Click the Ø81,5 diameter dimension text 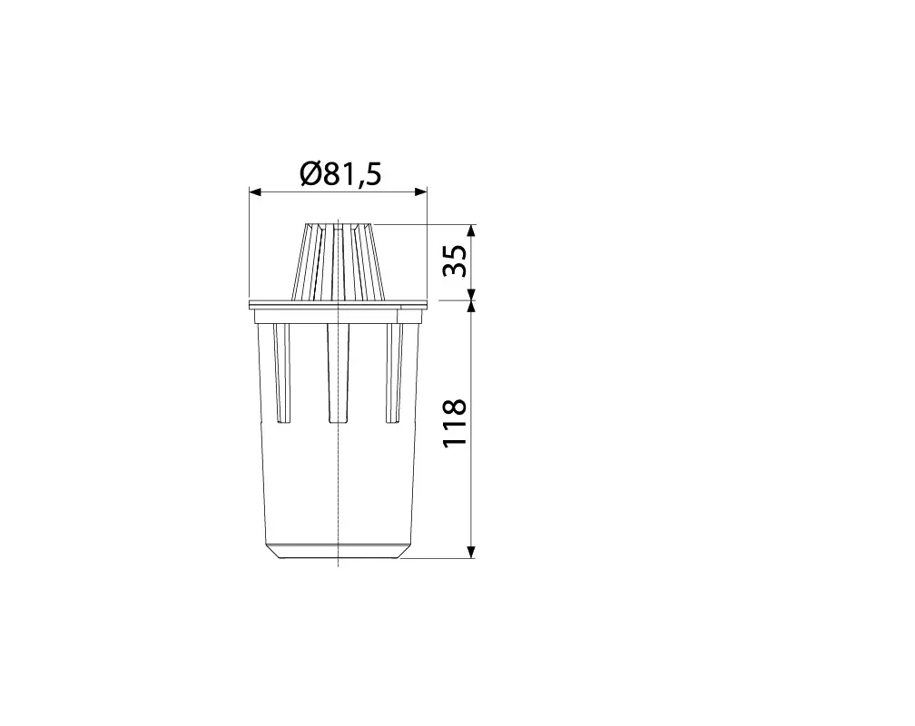[x=340, y=173]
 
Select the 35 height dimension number [x=455, y=260]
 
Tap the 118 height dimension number [x=455, y=423]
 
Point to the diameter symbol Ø [x=311, y=173]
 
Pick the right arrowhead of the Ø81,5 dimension [x=421, y=192]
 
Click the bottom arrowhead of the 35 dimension [x=472, y=295]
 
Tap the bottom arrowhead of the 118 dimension [x=472, y=552]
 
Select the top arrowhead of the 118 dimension [x=472, y=307]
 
